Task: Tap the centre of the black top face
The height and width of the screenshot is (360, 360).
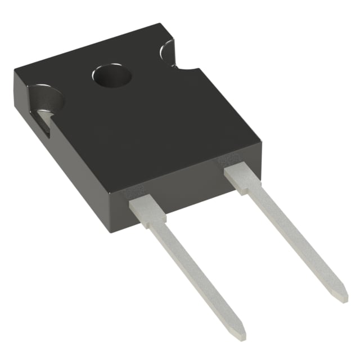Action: click(x=141, y=112)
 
